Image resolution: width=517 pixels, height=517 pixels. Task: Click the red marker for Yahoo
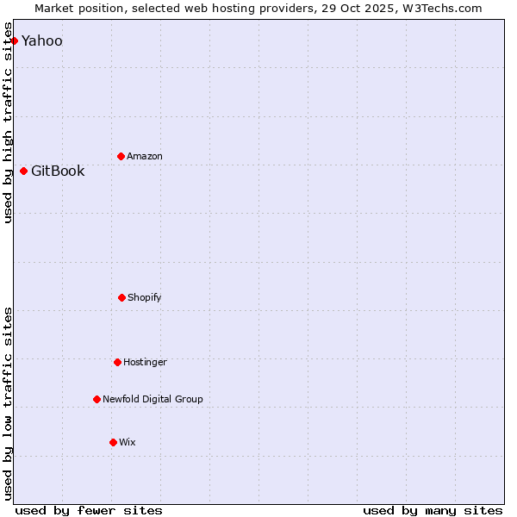pos(14,40)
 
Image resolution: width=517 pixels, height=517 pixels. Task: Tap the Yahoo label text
pos(42,41)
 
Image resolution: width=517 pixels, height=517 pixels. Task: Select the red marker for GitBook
pos(23,171)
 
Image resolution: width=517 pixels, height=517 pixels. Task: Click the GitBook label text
pos(58,171)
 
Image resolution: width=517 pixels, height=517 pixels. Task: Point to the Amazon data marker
pos(121,156)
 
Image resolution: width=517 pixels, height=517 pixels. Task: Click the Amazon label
pos(145,157)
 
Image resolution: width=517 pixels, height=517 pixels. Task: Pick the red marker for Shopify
pos(121,297)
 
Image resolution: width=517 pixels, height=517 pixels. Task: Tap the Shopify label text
pos(145,298)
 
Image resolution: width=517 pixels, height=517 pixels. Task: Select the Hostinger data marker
pos(117,362)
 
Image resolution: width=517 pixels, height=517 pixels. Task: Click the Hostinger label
pos(145,363)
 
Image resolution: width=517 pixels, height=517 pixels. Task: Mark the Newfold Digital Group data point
pos(97,399)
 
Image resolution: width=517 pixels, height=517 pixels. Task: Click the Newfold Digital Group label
pos(153,400)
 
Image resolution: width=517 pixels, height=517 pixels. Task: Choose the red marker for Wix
pos(113,442)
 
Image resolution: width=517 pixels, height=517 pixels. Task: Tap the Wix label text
pos(128,443)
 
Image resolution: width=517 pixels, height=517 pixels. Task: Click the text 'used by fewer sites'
pos(89,510)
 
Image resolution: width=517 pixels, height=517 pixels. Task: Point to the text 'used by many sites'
pos(433,510)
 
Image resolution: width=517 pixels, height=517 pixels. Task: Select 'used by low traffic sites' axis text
pos(9,403)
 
